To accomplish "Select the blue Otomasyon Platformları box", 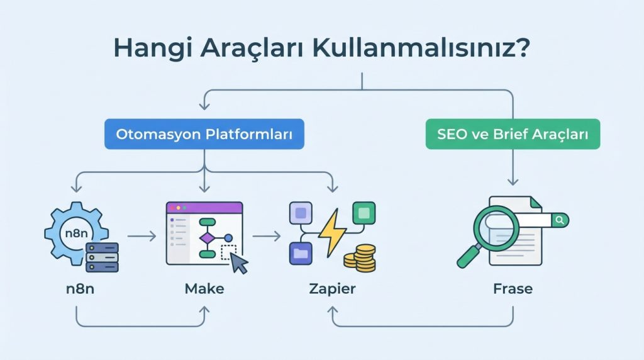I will point(204,134).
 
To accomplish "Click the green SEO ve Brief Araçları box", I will point(513,134).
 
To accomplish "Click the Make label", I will point(204,289).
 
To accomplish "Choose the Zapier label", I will point(332,289).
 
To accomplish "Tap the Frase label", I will point(513,289).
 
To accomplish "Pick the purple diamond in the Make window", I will point(206,238).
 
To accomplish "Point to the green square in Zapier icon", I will point(364,212).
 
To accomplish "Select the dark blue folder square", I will point(299,254).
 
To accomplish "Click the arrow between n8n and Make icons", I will point(142,237).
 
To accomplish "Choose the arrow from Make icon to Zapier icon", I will point(267,237).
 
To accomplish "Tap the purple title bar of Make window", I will point(204,207).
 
